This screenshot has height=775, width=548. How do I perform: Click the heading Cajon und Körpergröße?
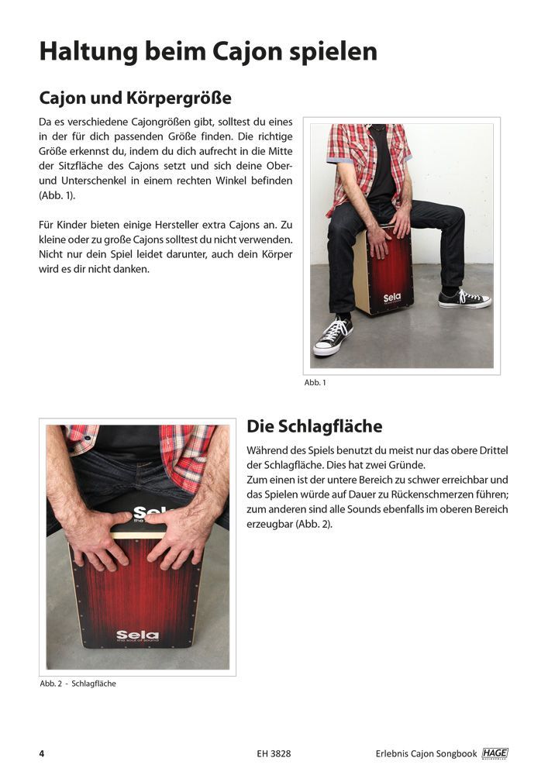pos(136,99)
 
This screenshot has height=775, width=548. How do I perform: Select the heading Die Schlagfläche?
pos(314,426)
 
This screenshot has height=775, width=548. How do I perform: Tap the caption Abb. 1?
pos(315,382)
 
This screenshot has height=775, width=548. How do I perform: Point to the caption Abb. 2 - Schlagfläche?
pos(78,684)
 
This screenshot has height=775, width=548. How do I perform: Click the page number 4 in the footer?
pos(42,753)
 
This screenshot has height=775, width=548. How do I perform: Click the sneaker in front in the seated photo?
pos(333,337)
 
